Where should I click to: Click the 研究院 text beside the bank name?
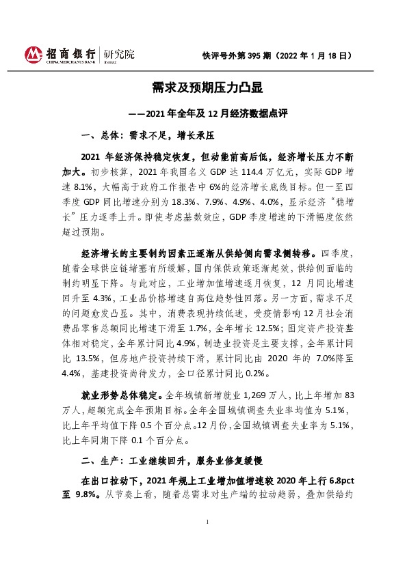tap(120, 53)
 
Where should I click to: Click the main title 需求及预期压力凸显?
tap(203, 88)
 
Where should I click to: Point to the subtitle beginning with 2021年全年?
tap(202, 113)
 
